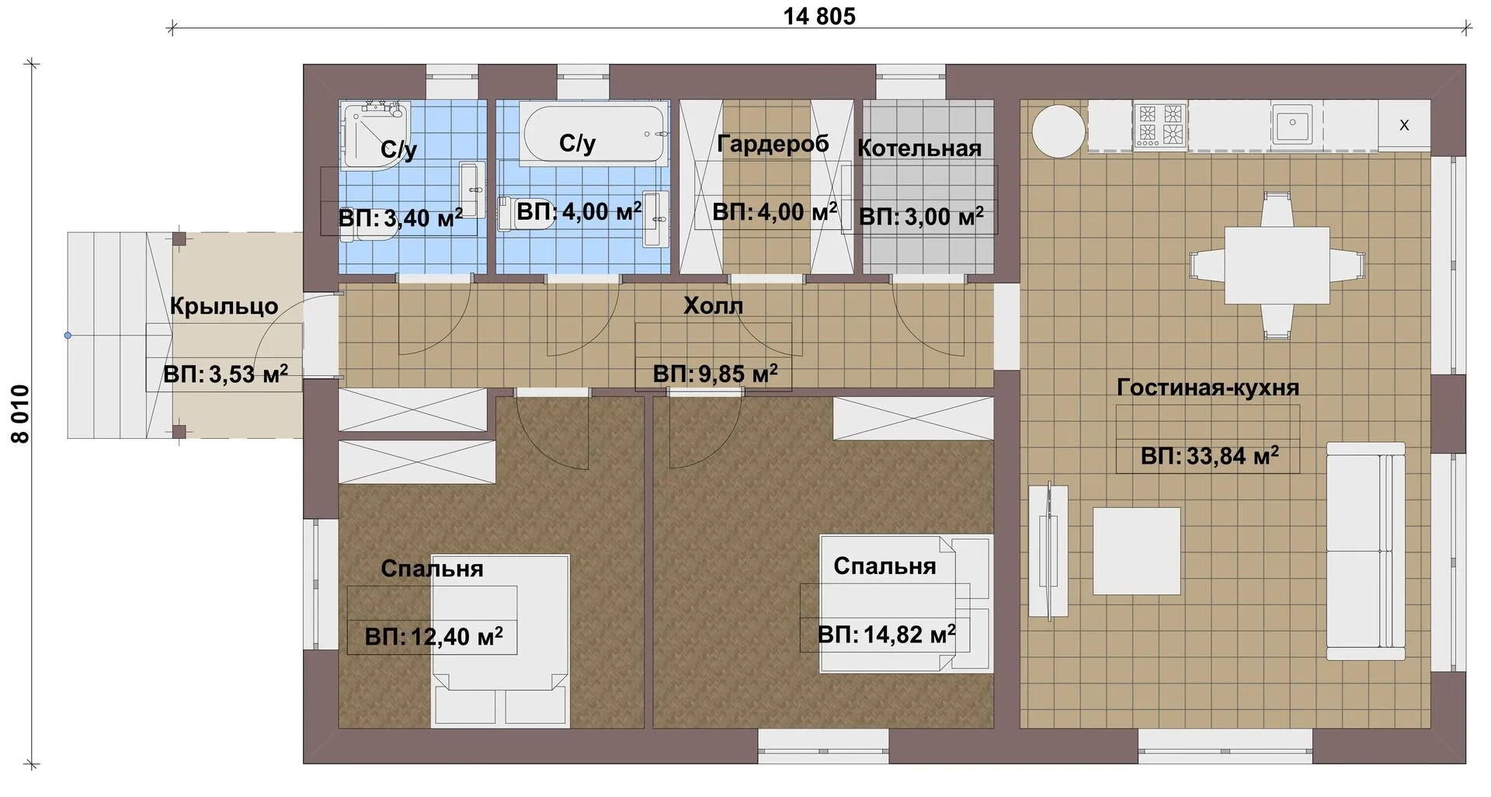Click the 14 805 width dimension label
coord(819,16)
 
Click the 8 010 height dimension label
coord(20,414)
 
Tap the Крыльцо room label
coord(224,306)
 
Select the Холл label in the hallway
coord(713,305)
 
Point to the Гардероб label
coord(773,144)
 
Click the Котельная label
coord(919,148)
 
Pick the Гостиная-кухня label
coord(1208,387)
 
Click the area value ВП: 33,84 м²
coord(1209,455)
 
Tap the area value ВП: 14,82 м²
coord(886,635)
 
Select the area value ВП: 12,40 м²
coord(433,637)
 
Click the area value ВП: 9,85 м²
coord(715,374)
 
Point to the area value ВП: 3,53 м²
coord(225,374)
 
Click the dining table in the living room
coord(1277,266)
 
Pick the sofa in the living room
coord(1365,551)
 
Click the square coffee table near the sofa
coord(1137,551)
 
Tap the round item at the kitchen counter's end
coord(1058,131)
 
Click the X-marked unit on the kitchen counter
coord(1404,124)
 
